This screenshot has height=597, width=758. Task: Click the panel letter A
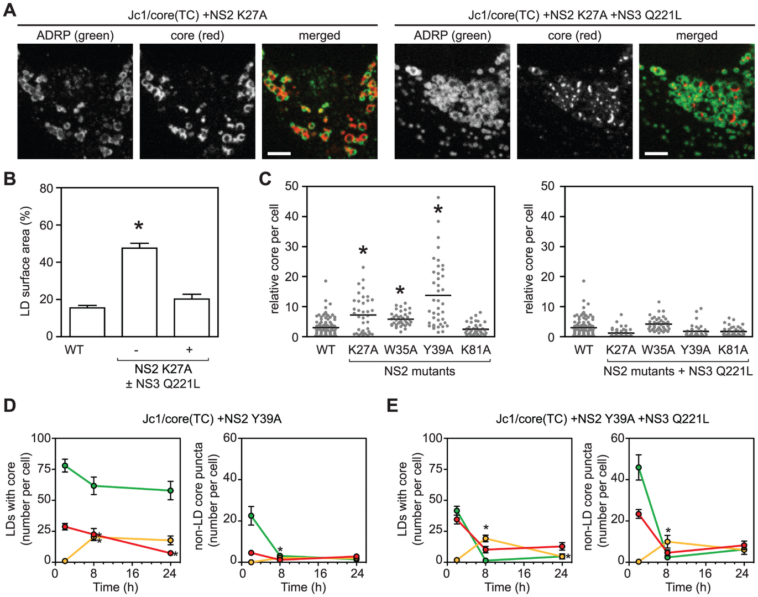(9, 10)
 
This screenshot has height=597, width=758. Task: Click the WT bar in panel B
(87, 322)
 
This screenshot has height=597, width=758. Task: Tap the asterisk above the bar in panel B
(139, 226)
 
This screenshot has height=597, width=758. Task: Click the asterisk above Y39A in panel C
(438, 210)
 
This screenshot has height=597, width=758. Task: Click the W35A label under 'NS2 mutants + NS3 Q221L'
(658, 350)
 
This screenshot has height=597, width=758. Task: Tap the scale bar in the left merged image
(279, 152)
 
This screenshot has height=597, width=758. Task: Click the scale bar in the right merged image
(656, 152)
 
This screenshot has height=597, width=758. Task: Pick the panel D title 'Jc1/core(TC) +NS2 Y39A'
(212, 419)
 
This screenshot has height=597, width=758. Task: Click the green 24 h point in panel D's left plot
(171, 490)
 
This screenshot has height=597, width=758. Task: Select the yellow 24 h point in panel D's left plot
(171, 540)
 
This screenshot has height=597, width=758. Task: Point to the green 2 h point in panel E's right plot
(639, 467)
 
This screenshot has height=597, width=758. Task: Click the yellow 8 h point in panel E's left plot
(485, 538)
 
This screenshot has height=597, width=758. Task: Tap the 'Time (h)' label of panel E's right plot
(689, 587)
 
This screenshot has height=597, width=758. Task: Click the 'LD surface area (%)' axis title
(25, 261)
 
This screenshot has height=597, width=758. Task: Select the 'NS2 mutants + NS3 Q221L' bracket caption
(678, 371)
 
